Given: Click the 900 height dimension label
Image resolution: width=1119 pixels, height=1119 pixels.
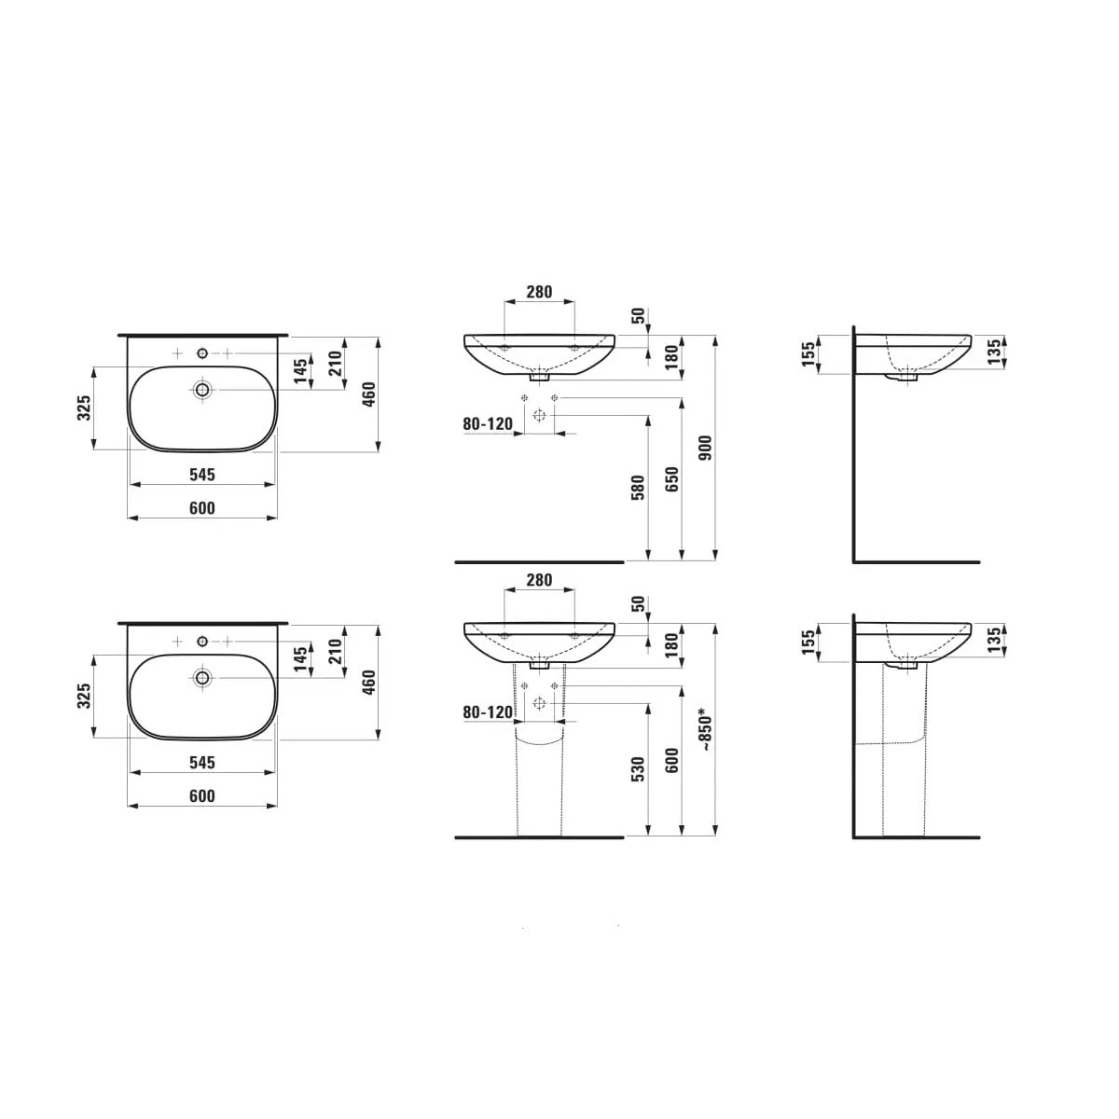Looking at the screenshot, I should tap(706, 449).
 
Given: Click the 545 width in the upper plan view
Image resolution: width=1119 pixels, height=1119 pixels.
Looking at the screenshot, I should tap(201, 475).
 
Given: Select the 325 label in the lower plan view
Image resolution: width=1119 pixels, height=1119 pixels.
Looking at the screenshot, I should tap(83, 697).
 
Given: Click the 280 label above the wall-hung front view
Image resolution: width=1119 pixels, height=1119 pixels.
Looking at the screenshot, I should tap(539, 292).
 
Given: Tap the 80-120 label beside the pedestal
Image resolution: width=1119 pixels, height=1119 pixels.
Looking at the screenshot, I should tap(488, 712).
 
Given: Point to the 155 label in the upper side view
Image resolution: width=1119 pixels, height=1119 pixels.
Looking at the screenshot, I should tap(807, 354).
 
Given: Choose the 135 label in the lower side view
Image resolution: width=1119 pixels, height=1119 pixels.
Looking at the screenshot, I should tap(994, 640).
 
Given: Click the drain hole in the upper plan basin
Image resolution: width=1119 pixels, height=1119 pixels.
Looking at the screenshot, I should tap(202, 389).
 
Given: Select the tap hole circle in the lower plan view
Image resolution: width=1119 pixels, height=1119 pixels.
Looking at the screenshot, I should tap(202, 642).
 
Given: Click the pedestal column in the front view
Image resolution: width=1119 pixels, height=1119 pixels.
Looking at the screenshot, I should tap(539, 783).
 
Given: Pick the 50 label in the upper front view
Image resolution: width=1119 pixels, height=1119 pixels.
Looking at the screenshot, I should tap(638, 316).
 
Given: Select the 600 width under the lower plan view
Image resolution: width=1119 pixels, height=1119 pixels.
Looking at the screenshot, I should tap(201, 795).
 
